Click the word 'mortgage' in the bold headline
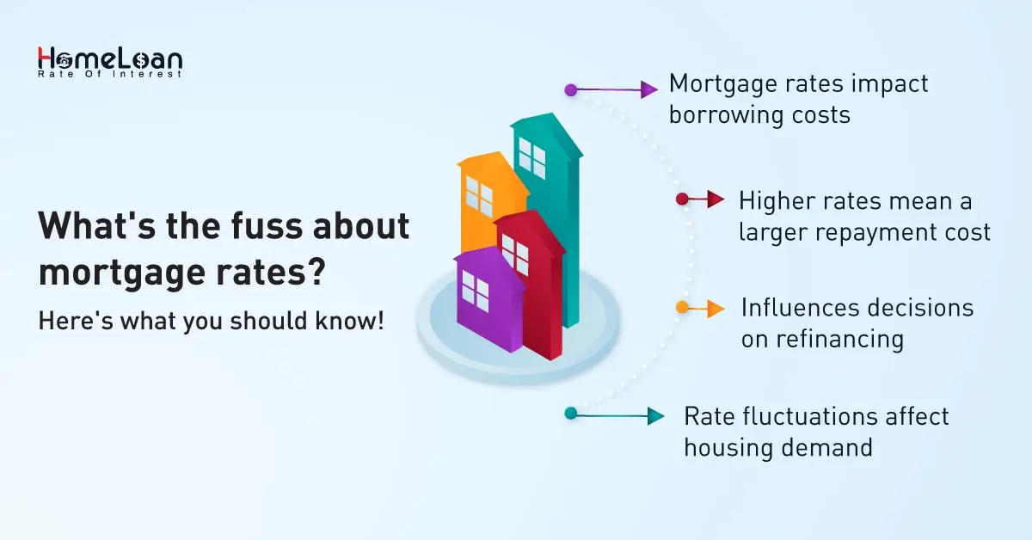(120, 273)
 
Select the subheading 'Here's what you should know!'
(211, 321)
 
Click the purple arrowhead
(650, 89)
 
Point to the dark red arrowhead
(716, 199)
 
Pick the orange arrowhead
(716, 308)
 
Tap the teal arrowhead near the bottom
(656, 415)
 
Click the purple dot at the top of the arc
(570, 89)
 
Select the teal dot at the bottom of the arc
(570, 413)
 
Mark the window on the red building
(515, 254)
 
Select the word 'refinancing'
(822, 339)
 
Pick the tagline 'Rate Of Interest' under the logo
(109, 74)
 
